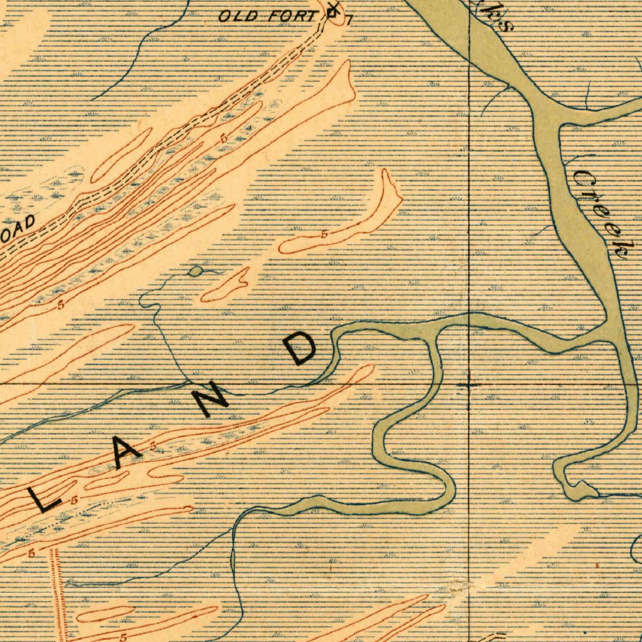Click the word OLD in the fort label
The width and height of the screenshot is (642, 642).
238,16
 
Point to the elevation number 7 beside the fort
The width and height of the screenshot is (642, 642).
349,20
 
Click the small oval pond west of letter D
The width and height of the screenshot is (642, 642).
196,271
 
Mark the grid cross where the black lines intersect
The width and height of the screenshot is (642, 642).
470,382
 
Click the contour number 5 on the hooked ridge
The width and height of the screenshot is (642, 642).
324,234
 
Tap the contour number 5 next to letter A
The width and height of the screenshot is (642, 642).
154,446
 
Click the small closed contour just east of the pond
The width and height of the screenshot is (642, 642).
226,285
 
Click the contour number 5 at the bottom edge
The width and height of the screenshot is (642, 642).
124,636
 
